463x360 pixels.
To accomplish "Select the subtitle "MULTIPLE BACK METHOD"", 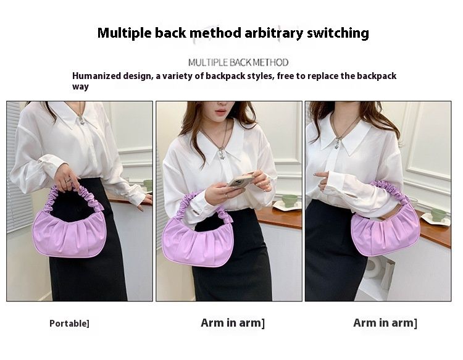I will (238, 62).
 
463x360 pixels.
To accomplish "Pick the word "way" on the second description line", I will (80, 86).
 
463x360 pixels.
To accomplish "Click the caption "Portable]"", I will (69, 324).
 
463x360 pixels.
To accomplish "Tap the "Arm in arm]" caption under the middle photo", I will (233, 323).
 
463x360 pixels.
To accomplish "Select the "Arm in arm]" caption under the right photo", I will (385, 323).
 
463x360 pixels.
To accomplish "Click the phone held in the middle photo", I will (240, 180).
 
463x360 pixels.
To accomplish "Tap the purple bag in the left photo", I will (70, 232).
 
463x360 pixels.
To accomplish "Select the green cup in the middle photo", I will (290, 200).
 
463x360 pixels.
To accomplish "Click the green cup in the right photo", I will (438, 214).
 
